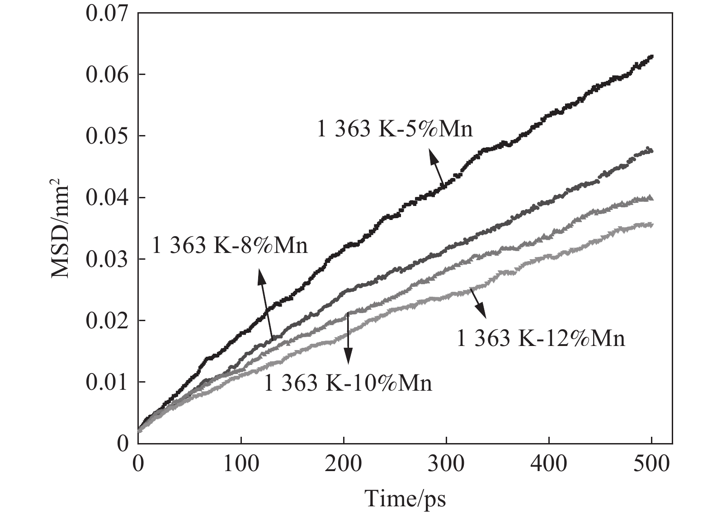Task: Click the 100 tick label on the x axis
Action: click(241, 464)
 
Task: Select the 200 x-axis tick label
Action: click(344, 464)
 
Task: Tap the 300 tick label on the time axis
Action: click(447, 464)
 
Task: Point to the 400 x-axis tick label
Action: click(549, 464)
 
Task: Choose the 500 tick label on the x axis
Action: click(651, 464)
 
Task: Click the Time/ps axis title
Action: click(405, 500)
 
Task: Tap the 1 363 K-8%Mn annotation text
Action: click(230, 246)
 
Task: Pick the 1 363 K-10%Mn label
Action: click(348, 383)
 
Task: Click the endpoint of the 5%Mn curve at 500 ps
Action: click(651, 57)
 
